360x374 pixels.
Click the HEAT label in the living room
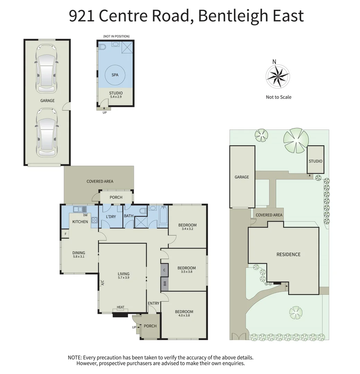120,307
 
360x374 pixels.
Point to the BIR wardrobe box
164,284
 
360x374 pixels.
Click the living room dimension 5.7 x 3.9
123,278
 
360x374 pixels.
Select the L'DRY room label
111,217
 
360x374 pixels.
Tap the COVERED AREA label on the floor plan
100,181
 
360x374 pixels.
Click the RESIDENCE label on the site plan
288,255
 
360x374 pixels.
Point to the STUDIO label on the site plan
315,161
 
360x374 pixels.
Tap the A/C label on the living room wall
102,283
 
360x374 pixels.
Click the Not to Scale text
278,97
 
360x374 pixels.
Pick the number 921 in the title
82,16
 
